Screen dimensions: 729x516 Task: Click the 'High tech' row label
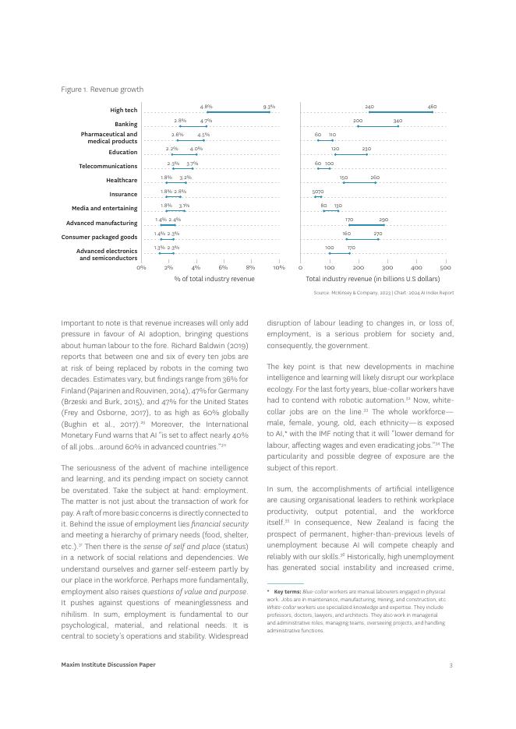[x=123, y=111]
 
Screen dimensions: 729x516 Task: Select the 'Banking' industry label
[x=125, y=124]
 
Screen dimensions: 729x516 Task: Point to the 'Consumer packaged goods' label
[x=99, y=237]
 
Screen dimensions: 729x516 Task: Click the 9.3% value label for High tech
[x=269, y=107]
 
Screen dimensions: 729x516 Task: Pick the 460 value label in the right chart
[x=432, y=107]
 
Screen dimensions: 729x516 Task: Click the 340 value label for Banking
[x=398, y=121]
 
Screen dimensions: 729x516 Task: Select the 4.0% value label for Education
[x=196, y=149]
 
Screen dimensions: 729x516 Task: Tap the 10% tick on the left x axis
[x=278, y=267]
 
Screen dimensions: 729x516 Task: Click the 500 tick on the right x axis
[x=446, y=267]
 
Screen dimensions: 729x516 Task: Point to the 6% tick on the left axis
[x=223, y=267]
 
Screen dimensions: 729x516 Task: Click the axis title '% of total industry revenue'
[x=214, y=279]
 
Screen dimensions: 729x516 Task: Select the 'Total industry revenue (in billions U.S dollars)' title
[x=373, y=279]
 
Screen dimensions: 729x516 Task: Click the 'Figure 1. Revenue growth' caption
[x=102, y=90]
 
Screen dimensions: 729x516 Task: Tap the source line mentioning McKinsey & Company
[x=383, y=293]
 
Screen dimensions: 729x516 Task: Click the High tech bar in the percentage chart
[x=238, y=112]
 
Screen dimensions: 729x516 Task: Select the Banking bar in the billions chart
[x=378, y=126]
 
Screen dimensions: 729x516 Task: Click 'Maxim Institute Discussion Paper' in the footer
[x=108, y=664]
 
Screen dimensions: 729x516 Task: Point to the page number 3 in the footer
[x=451, y=664]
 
